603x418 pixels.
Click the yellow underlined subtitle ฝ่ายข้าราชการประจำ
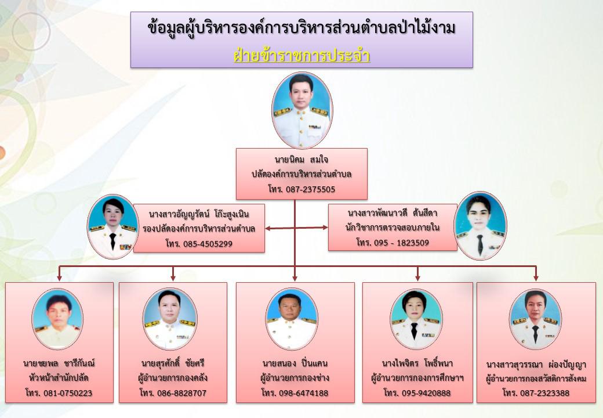pos(302,55)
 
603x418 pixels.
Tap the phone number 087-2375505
pos(310,189)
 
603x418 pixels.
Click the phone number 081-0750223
pos(68,393)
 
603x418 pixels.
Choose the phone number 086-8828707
pos(181,393)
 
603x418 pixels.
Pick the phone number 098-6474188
pos(303,393)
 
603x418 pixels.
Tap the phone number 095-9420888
pos(426,393)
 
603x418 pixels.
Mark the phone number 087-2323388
pos(544,393)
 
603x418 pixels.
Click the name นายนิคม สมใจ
pos(301,159)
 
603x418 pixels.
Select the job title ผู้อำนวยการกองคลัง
pos(173,377)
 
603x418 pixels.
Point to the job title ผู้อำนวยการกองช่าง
pos(295,377)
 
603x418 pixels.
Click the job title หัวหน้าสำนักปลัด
pos(59,377)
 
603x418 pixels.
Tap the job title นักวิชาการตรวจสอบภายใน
pos(393,228)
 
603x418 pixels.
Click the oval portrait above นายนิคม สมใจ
pos(302,110)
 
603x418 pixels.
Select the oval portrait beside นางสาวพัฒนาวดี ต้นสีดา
pos(480,226)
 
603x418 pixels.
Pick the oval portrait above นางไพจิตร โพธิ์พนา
pos(416,319)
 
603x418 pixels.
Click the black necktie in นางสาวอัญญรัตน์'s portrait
pos(112,240)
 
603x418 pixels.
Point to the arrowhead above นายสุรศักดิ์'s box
pos(173,278)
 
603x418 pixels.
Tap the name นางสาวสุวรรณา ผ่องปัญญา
pos(536,365)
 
